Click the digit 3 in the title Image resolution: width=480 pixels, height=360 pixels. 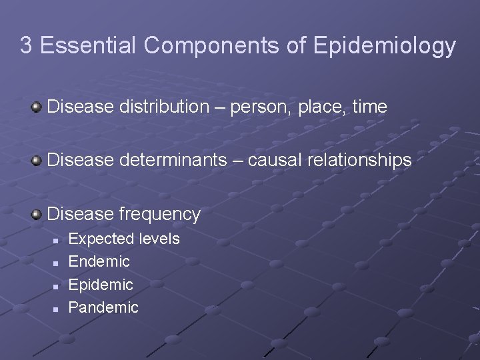tap(26, 45)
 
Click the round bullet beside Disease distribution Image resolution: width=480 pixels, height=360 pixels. tap(37, 107)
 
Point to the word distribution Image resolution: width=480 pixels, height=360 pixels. tap(162, 107)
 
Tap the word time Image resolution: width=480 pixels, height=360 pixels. tap(369, 107)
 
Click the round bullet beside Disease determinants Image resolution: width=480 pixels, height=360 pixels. tap(37, 160)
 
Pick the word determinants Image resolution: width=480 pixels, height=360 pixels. tap(173, 160)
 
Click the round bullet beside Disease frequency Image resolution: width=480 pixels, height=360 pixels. tap(37, 213)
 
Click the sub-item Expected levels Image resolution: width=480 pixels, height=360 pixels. tap(124, 239)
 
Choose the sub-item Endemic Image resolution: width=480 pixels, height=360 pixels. tap(99, 261)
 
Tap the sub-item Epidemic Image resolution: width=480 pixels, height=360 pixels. tap(101, 285)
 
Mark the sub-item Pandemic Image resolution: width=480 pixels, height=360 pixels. tap(103, 307)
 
